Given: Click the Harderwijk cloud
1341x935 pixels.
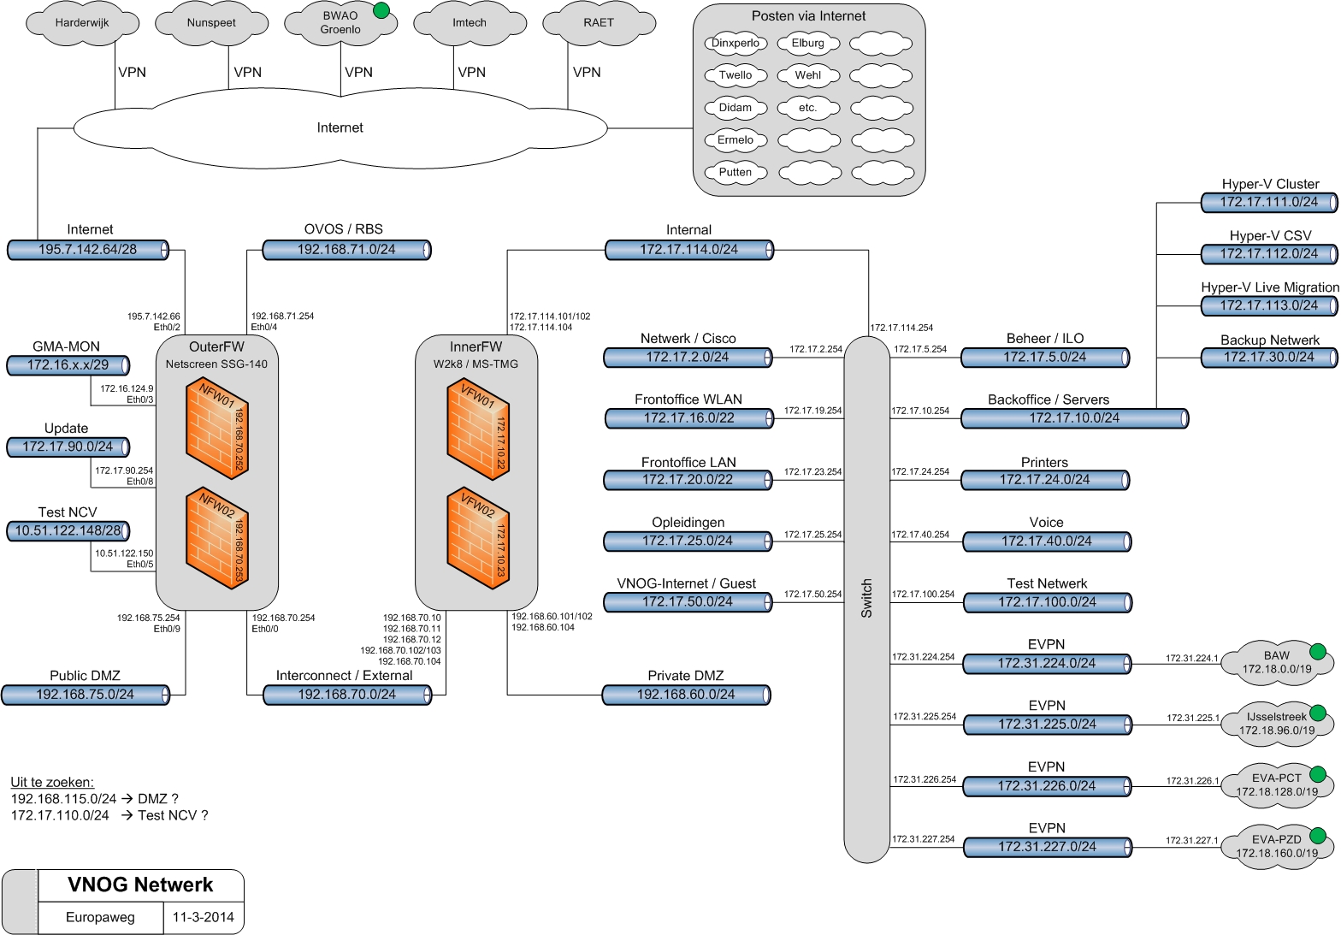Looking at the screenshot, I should [82, 23].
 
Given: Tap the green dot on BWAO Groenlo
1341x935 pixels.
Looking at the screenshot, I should [381, 11].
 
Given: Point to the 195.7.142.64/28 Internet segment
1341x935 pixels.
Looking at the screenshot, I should [88, 250].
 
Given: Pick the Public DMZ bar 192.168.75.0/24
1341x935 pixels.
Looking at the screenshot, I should [85, 695].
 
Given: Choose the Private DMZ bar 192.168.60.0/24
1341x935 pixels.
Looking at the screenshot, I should [686, 695].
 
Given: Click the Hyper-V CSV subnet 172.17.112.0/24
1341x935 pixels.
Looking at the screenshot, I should [1269, 254].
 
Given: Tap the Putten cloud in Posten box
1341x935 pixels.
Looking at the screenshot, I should [735, 172].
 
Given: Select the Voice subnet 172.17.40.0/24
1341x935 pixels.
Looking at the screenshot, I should [1047, 541].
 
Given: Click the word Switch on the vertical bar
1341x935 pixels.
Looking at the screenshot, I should [866, 599].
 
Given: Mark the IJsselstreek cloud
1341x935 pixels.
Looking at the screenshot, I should [1276, 724].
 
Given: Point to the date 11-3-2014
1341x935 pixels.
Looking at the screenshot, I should [203, 918].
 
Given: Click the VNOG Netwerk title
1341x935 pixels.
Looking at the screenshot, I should [140, 885].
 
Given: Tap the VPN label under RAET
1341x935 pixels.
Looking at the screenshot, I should [587, 73].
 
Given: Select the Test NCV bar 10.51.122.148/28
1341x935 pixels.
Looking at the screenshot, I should [68, 531].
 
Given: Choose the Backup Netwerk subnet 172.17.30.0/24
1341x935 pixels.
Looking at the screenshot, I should [1269, 358].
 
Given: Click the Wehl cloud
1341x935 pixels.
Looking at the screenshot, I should [807, 75].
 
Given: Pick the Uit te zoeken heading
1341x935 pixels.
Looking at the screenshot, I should [52, 782].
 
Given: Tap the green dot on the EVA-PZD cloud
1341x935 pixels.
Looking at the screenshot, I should [1317, 836].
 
